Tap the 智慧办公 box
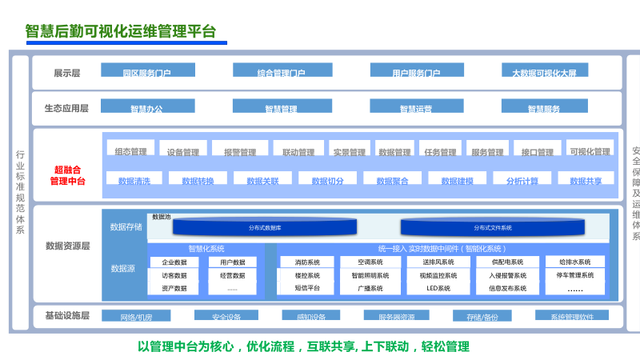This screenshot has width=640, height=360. [x=146, y=106]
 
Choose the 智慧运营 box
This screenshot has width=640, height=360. [x=415, y=106]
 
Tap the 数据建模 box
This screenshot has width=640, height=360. [x=457, y=179]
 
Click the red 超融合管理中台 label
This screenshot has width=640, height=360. [x=67, y=175]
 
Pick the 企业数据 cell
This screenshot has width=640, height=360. [x=174, y=262]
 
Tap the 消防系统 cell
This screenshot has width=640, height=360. [x=307, y=262]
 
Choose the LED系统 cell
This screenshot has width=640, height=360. [x=438, y=288]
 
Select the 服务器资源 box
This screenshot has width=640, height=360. [x=396, y=316]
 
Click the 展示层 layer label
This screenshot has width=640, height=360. [x=67, y=73]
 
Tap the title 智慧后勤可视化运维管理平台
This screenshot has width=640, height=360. [x=121, y=32]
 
